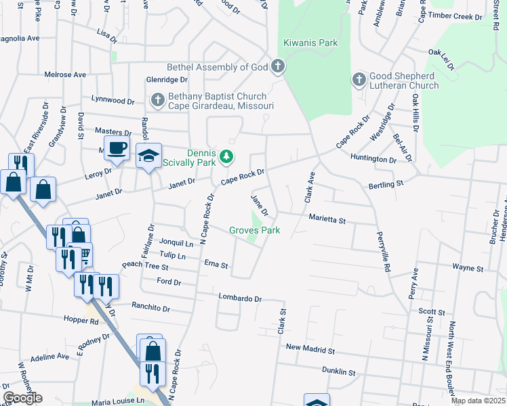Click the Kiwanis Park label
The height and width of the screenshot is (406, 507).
coord(310,43)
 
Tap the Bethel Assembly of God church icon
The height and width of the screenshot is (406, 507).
coord(277,66)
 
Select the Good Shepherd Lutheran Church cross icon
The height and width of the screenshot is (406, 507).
coord(359,80)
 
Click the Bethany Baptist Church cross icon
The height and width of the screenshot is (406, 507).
coord(157,101)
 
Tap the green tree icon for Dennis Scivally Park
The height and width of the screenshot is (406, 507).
coord(226,158)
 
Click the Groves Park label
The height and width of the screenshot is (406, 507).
coord(254,231)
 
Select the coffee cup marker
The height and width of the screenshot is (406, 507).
coord(117,149)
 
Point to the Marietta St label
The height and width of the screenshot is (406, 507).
coord(327,221)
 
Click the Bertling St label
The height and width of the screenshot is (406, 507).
coord(386,183)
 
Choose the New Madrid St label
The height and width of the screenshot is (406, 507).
coord(310,350)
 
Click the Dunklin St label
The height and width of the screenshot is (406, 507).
coord(338,371)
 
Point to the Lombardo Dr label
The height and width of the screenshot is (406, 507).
coord(240,298)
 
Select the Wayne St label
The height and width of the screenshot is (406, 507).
coord(467,268)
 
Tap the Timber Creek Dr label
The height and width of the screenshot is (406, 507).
coord(452,16)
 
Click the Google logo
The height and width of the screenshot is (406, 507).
coord(22,397)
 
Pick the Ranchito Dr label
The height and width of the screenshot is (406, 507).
coord(151,308)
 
